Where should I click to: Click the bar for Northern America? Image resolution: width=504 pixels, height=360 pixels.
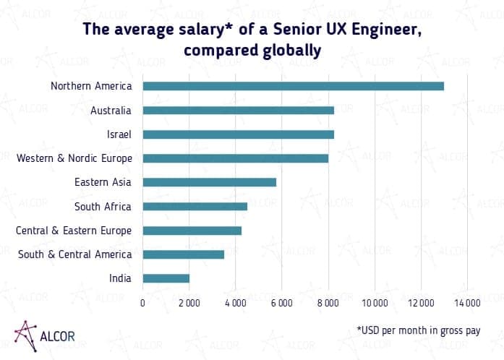293,86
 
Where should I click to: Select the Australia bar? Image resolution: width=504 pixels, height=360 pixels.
238,111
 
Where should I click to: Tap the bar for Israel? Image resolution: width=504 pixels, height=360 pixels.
238,134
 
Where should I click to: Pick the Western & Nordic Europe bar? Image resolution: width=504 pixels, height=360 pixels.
235,158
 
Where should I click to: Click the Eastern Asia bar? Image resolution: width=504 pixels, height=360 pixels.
209,182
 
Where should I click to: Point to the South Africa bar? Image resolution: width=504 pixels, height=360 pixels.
195,206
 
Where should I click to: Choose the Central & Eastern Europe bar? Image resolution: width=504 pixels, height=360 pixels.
192,231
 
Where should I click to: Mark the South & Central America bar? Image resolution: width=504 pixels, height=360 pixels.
183,254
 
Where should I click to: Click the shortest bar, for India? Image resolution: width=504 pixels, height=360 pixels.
166,278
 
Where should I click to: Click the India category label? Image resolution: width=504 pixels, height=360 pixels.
119,278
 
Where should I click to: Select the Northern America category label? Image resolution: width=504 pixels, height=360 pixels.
91,86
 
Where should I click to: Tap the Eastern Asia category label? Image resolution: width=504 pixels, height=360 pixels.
103,182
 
